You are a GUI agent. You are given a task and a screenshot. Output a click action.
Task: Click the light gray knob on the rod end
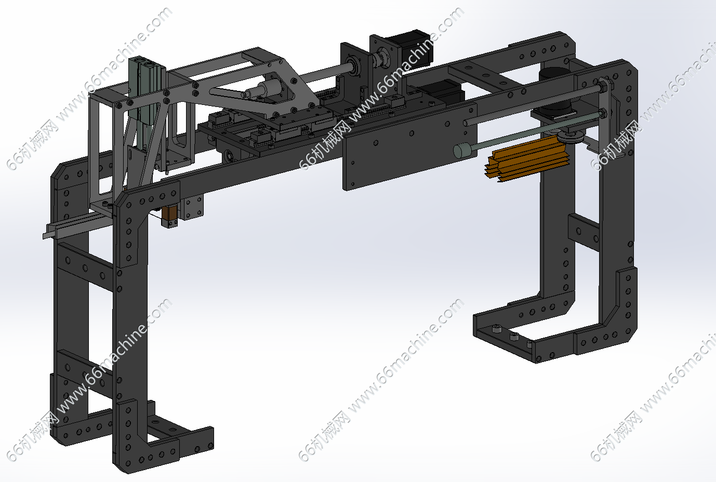click(x=462, y=151)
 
